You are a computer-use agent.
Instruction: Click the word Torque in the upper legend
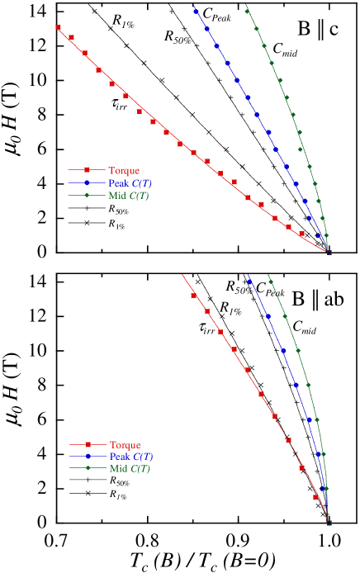(x=124, y=171)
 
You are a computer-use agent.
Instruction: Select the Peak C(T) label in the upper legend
(x=130, y=183)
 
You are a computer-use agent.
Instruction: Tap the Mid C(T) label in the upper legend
(x=128, y=196)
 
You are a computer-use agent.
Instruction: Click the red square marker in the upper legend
(x=86, y=170)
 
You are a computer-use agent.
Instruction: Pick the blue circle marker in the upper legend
(x=86, y=182)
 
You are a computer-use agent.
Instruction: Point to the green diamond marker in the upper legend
(x=86, y=195)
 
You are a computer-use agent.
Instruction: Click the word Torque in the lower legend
(x=126, y=445)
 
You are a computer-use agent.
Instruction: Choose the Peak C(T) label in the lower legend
(x=131, y=457)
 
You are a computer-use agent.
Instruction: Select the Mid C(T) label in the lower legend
(x=130, y=469)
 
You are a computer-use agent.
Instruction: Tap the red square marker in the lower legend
(x=88, y=444)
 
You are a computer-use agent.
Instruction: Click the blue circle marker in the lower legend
(x=88, y=456)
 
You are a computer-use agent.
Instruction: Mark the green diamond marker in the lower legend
(x=88, y=468)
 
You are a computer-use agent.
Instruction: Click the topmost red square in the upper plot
(x=58, y=27)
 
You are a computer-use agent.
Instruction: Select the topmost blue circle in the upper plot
(x=197, y=12)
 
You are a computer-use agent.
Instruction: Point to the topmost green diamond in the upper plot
(x=247, y=11)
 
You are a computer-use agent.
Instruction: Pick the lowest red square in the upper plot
(x=301, y=233)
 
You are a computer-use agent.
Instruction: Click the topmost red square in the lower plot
(x=193, y=296)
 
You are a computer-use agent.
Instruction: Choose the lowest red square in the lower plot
(x=315, y=497)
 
